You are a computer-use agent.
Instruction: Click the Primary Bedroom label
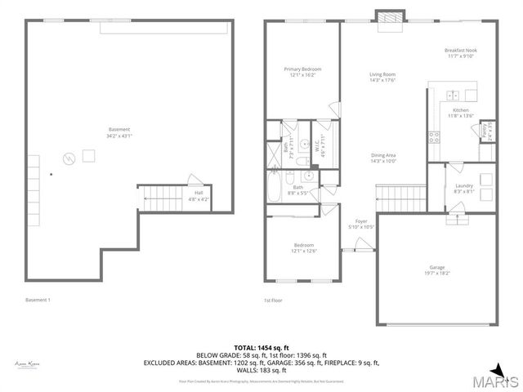coord(302,72)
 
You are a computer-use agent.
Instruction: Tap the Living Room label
coord(382,78)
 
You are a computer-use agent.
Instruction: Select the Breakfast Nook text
coord(460,53)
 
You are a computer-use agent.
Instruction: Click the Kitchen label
coord(461,113)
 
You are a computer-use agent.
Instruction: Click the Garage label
coord(437,269)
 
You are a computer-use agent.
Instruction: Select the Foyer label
coord(360,223)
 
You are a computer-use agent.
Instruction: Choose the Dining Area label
coord(383,158)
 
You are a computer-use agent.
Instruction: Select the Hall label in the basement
coord(199,195)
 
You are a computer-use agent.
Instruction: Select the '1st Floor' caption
coord(273,301)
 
